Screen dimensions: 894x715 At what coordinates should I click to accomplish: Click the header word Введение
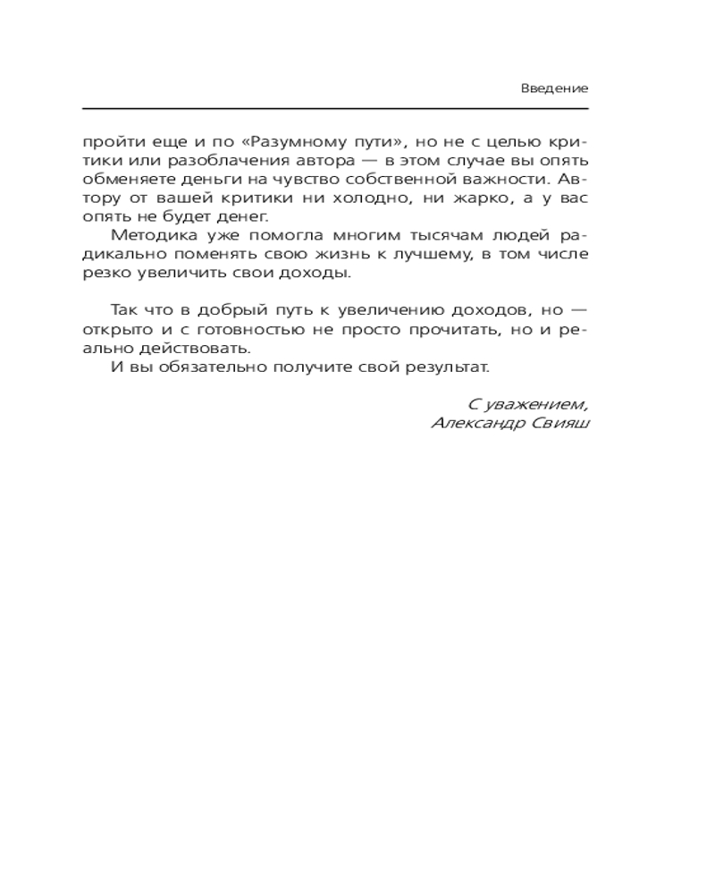click(x=554, y=89)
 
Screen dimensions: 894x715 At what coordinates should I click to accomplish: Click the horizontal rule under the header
click(x=335, y=108)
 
